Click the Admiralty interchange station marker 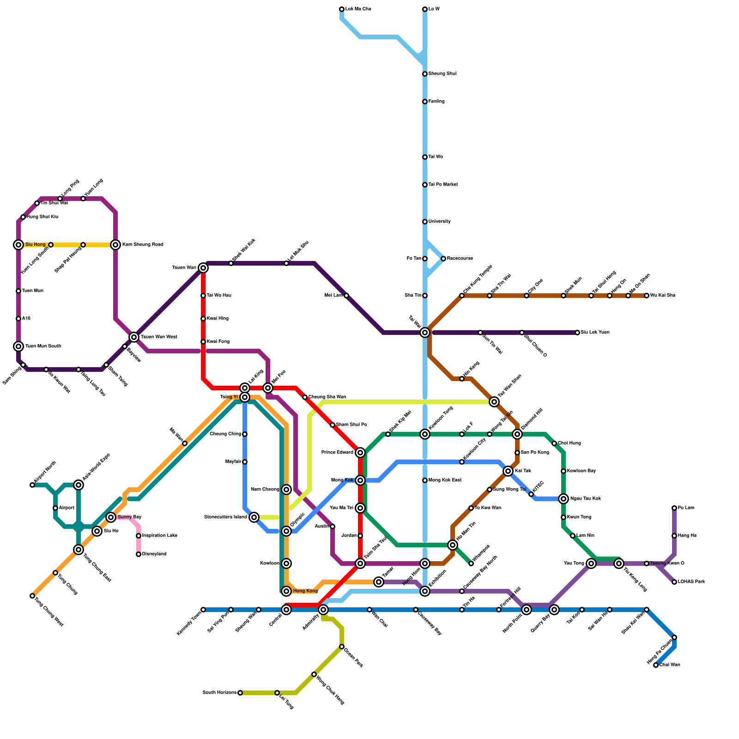(x=323, y=610)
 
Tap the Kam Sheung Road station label (x=142, y=245)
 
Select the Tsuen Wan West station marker (x=134, y=337)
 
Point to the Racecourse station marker (x=443, y=259)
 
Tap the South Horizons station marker (x=240, y=693)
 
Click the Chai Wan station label (x=670, y=665)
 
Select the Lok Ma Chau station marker (x=342, y=9)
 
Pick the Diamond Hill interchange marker (x=517, y=434)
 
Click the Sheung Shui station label (x=442, y=74)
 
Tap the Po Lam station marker (x=674, y=508)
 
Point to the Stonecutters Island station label (x=225, y=517)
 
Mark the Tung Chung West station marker (x=32, y=596)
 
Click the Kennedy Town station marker (x=203, y=610)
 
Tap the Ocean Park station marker (x=342, y=647)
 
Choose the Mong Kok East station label (x=445, y=480)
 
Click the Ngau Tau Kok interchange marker (x=563, y=499)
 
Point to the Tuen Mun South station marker (x=18, y=346)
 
